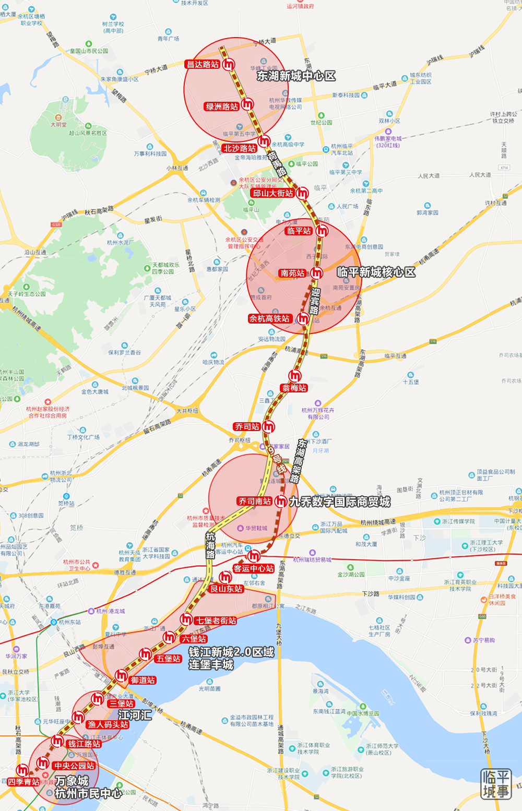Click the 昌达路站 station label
click(203, 65)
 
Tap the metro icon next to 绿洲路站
click(247, 104)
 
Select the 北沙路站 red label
click(240, 148)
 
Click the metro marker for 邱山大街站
click(302, 194)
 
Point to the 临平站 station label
click(299, 231)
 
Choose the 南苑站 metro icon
click(317, 273)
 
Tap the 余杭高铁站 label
click(269, 318)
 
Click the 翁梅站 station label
click(294, 388)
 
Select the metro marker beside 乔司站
click(269, 427)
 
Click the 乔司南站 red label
click(255, 502)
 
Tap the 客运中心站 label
click(254, 568)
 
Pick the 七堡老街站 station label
click(216, 621)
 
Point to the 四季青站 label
click(23, 782)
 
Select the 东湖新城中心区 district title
click(296, 76)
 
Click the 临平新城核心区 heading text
click(376, 272)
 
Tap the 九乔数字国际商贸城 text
click(340, 502)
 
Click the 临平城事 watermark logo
click(495, 783)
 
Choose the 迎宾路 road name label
click(315, 301)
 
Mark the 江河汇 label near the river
click(135, 715)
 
